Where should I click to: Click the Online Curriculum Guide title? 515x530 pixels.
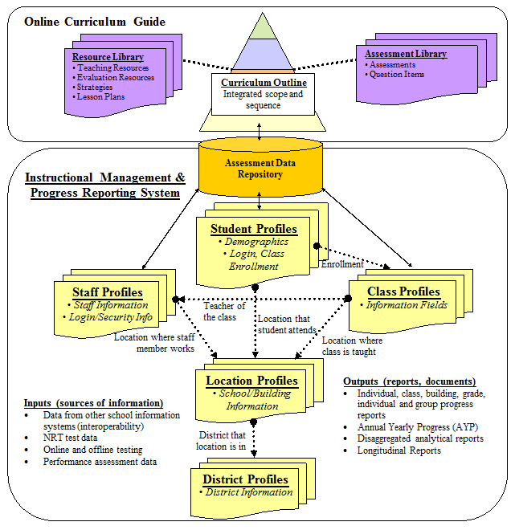tap(95, 22)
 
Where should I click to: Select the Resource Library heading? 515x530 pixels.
tap(108, 57)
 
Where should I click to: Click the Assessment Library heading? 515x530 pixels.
tap(406, 54)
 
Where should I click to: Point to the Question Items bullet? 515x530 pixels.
tap(398, 75)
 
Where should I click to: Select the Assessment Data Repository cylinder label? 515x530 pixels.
tap(254, 167)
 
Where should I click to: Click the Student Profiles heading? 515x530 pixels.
tap(253, 229)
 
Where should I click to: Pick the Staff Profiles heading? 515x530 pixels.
tap(108, 292)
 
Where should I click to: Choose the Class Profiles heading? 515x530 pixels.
tap(403, 291)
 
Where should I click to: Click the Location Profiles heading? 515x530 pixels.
tap(251, 381)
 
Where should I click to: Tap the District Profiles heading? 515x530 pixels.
tap(245, 479)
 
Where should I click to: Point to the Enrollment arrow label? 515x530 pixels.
tap(342, 263)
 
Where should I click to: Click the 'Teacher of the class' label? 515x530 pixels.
tap(223, 311)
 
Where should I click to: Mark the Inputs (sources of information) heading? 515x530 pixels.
tap(94, 402)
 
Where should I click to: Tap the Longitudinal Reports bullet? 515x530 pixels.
tap(399, 450)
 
